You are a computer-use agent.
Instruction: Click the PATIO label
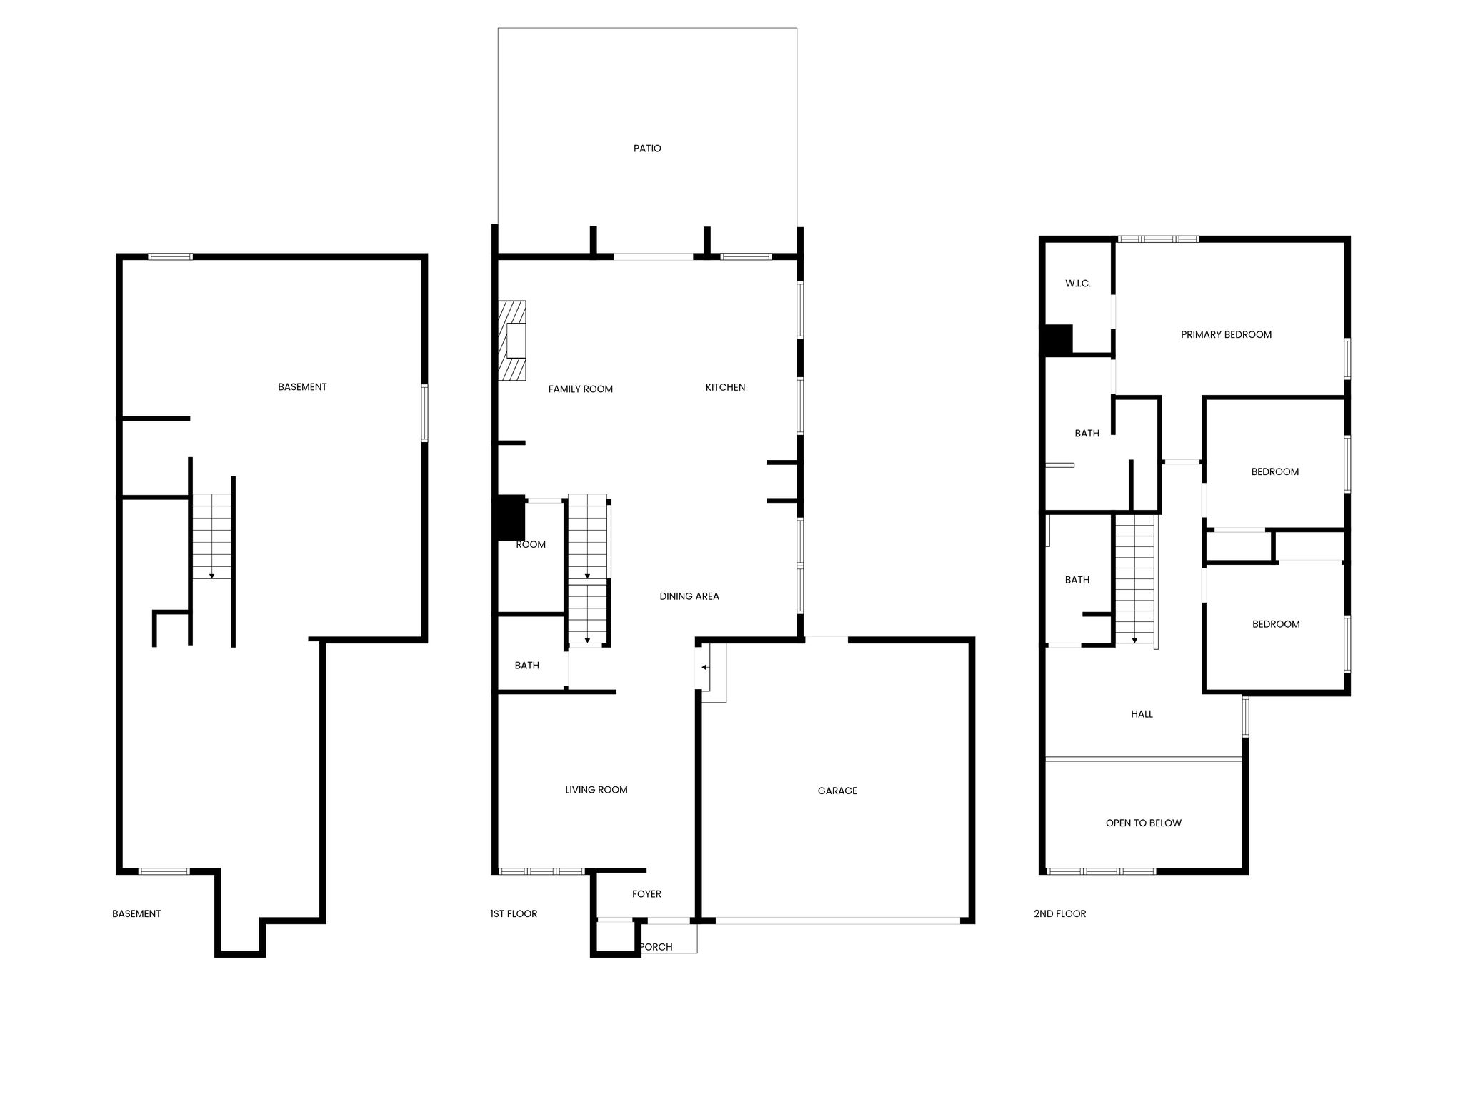[647, 149]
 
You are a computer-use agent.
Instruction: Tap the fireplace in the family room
[511, 341]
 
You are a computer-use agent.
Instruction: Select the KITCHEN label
[725, 387]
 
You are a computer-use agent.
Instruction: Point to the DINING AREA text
[689, 596]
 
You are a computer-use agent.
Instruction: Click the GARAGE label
[837, 791]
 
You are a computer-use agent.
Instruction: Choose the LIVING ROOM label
[596, 790]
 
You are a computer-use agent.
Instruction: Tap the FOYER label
[646, 894]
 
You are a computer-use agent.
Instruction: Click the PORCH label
[656, 947]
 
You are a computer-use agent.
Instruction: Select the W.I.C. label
[1078, 284]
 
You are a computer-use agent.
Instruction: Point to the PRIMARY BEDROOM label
[1226, 334]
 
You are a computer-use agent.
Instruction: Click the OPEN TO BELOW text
[1144, 823]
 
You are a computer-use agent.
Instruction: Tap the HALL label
[1142, 714]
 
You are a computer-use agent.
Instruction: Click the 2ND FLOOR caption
[1059, 913]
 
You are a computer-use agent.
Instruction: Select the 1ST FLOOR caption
[514, 913]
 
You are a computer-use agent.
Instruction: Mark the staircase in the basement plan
[212, 536]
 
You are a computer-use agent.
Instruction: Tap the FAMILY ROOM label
[581, 389]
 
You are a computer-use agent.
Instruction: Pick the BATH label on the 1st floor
[527, 666]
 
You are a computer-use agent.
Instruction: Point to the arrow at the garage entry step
[704, 668]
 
